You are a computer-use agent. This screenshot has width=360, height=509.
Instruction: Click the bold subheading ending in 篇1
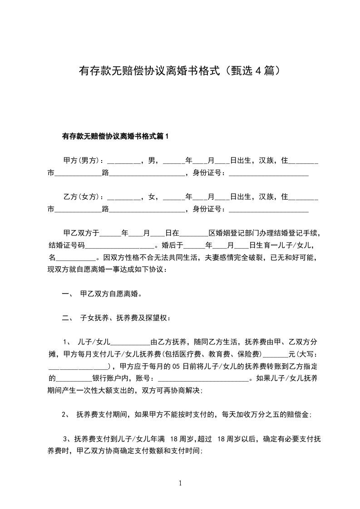pyautogui.click(x=115, y=136)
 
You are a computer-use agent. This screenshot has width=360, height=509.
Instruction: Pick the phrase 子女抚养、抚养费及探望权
pyautogui.click(x=124, y=318)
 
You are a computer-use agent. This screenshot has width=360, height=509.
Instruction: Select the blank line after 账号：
pyautogui.click(x=203, y=379)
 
